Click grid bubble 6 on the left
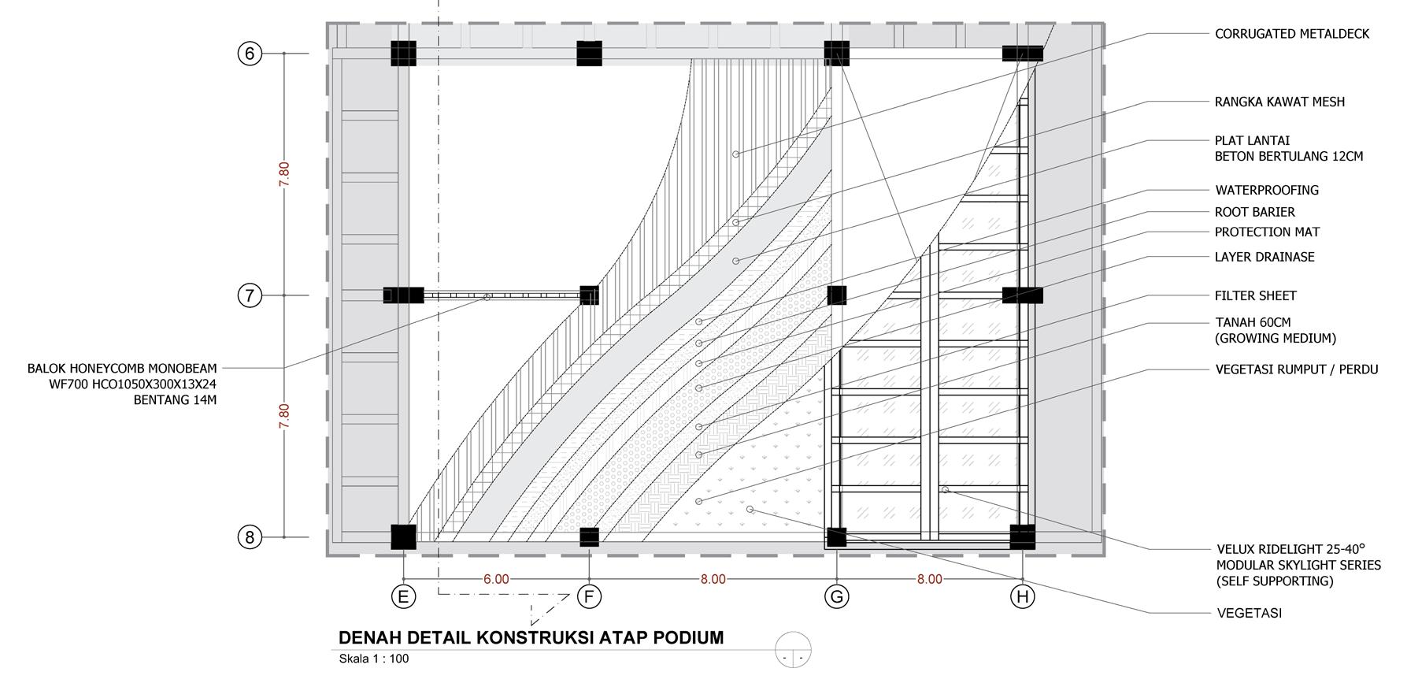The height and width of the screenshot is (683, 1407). [x=250, y=54]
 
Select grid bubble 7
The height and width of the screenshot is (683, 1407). [x=250, y=295]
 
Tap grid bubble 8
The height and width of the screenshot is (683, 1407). [x=250, y=537]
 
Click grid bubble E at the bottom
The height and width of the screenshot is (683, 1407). [x=403, y=596]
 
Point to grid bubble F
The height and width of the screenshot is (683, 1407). [x=589, y=596]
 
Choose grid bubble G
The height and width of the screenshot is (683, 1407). [x=836, y=596]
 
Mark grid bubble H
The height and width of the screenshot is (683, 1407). [x=1022, y=596]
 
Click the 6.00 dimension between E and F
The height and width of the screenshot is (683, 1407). [x=496, y=579]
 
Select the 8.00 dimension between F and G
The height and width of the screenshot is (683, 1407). [x=713, y=579]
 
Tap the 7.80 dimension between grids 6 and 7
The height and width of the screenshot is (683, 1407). [x=284, y=174]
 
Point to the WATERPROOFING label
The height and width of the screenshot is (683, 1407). [x=1266, y=190]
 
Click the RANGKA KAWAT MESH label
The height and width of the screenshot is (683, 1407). [x=1279, y=102]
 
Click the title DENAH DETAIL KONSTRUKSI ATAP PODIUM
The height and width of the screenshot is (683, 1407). [x=531, y=637]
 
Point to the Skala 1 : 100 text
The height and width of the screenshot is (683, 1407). [x=373, y=659]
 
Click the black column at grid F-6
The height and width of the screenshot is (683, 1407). [x=589, y=54]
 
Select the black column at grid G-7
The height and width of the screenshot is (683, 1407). [x=836, y=295]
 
